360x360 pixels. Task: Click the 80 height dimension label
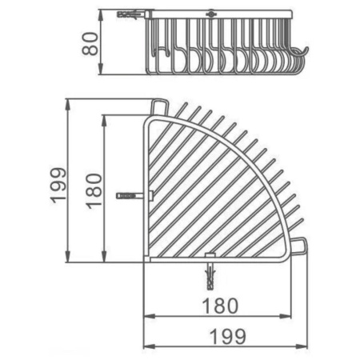point(90,44)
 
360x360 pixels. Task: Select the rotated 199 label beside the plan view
point(58,186)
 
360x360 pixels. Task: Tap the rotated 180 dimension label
point(94,191)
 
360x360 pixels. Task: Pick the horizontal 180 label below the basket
point(220,306)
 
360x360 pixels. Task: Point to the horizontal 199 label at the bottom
point(228,337)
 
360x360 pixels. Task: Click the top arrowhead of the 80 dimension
point(101,15)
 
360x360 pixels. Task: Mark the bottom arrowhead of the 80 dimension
point(101,69)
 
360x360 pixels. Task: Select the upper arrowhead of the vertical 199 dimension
point(68,105)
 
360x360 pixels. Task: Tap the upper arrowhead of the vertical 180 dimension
point(104,121)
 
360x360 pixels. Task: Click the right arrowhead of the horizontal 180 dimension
point(286,317)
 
